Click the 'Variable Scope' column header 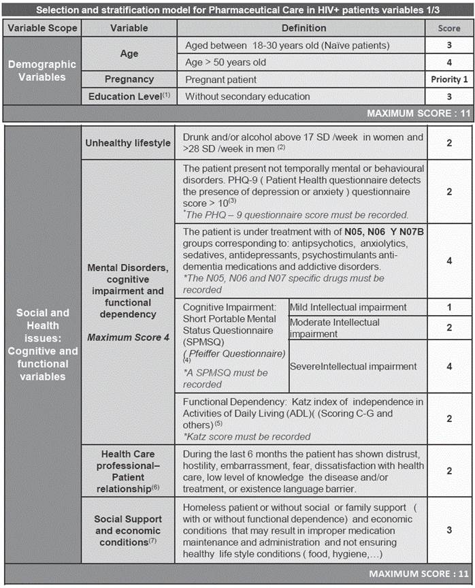pyautogui.click(x=43, y=28)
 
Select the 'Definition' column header pyautogui.click(x=304, y=28)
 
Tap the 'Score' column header pyautogui.click(x=449, y=28)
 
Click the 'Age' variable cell pyautogui.click(x=129, y=54)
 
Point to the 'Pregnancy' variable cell pyautogui.click(x=129, y=79)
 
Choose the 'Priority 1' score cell pyautogui.click(x=449, y=79)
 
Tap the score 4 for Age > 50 pyautogui.click(x=449, y=62)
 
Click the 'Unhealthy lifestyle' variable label pyautogui.click(x=128, y=142)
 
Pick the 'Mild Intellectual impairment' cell pyautogui.click(x=348, y=307)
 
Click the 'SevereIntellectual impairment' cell pyautogui.click(x=353, y=366)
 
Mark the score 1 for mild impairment pyautogui.click(x=449, y=307)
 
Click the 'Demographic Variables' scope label pyautogui.click(x=42, y=70)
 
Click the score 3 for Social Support pyautogui.click(x=449, y=529)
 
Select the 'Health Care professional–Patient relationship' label pyautogui.click(x=128, y=470)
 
